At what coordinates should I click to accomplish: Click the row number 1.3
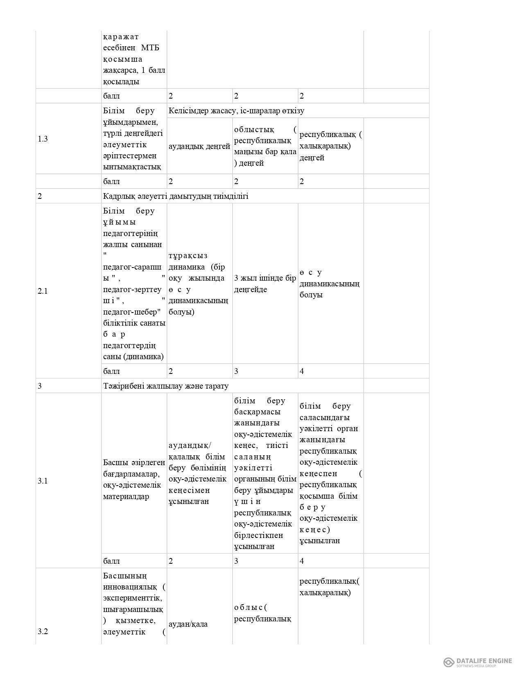43,139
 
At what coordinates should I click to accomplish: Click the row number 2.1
43,291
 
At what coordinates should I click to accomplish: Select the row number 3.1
43,481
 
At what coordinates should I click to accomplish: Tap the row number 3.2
43,631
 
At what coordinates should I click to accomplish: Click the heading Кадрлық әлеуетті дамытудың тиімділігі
176,196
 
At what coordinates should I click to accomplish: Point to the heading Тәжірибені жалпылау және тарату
166,386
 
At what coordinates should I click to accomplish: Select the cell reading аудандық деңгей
199,146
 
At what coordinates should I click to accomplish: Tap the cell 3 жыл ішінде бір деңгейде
265,283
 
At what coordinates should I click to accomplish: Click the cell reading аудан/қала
188,624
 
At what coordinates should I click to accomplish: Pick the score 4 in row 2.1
302,371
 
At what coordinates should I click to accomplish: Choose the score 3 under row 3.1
236,561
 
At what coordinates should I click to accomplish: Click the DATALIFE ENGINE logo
478,662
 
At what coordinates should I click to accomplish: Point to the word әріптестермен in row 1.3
130,155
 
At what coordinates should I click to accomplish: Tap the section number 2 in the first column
40,196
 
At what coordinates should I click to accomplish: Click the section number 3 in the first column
40,386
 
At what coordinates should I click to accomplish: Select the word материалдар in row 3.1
126,496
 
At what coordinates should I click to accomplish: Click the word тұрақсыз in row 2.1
188,256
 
